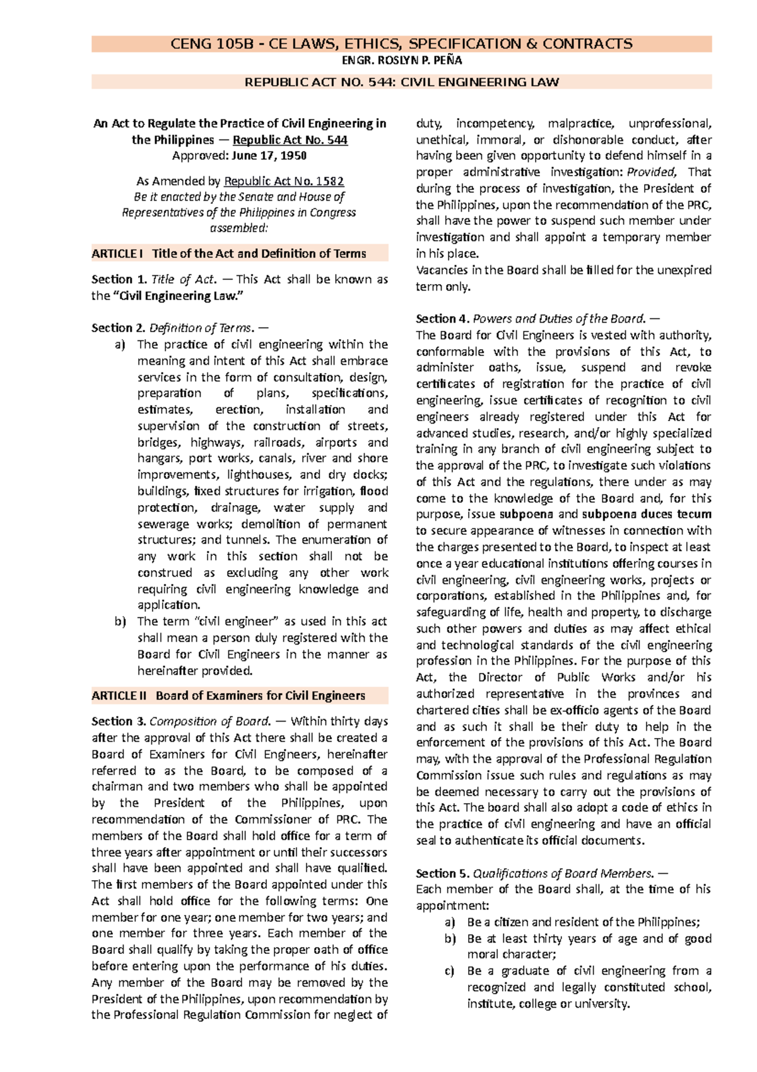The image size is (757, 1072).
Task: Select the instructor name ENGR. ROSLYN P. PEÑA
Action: [401, 61]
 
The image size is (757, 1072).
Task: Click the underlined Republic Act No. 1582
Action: [284, 181]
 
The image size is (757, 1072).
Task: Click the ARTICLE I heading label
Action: [117, 254]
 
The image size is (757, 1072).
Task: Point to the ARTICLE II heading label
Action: [119, 696]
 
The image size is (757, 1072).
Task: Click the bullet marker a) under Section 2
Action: [120, 345]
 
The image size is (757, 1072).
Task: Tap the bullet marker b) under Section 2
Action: [120, 622]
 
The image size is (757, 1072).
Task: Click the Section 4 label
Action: [443, 319]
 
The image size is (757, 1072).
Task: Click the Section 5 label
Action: [443, 874]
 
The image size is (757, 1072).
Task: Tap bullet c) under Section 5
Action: [449, 971]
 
